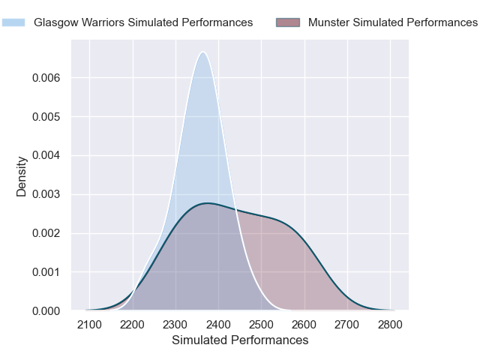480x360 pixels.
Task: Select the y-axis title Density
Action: pyautogui.click(x=22, y=176)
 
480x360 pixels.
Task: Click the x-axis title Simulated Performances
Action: pyautogui.click(x=240, y=340)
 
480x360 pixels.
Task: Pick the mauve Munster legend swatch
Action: pyautogui.click(x=288, y=22)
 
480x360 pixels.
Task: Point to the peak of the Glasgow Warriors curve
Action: pyautogui.click(x=202, y=52)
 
